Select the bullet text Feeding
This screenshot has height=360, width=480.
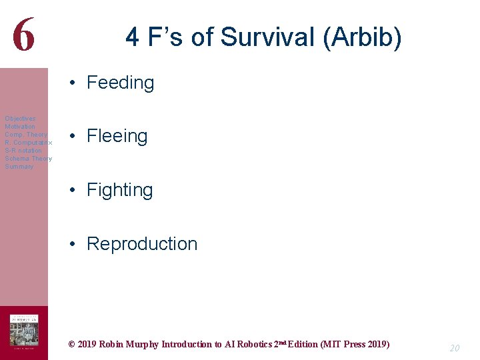click(120, 83)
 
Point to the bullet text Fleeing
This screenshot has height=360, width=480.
click(117, 136)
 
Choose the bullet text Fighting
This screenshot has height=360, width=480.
click(119, 190)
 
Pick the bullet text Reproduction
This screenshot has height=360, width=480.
click(142, 244)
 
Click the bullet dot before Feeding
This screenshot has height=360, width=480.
click(71, 83)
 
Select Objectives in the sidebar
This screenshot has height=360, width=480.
click(20, 119)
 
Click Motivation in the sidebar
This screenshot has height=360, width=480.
click(20, 127)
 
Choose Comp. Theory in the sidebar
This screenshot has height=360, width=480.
click(26, 135)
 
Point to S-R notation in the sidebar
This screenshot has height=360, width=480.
click(23, 151)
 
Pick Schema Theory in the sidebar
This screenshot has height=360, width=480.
click(28, 159)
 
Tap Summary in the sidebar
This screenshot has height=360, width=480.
click(19, 167)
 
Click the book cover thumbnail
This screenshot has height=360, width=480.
click(23, 331)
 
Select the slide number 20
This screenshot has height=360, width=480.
click(454, 348)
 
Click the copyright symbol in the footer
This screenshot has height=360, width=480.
click(71, 345)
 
